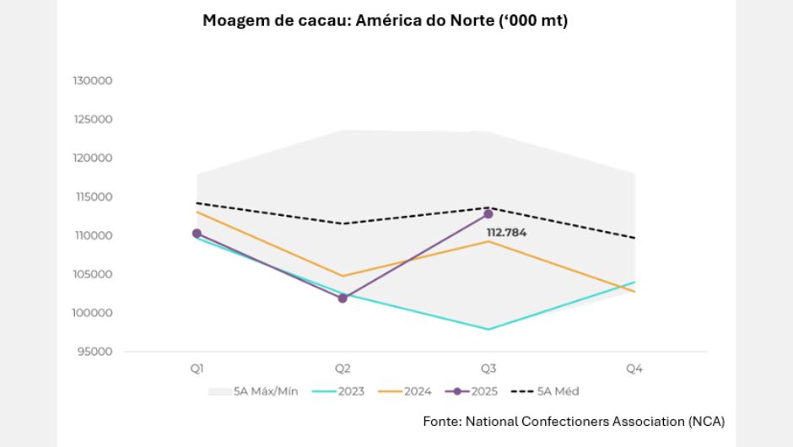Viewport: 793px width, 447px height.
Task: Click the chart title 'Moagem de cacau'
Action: pyautogui.click(x=385, y=21)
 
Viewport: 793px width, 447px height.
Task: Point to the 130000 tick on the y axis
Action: pyautogui.click(x=94, y=81)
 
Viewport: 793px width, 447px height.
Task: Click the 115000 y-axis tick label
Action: pyautogui.click(x=94, y=197)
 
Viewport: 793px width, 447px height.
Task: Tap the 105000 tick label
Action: pyautogui.click(x=94, y=274)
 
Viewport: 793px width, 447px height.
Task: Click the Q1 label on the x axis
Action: pyautogui.click(x=197, y=369)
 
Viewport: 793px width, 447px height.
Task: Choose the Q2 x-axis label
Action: pyautogui.click(x=343, y=369)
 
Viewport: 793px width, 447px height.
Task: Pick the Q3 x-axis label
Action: pyautogui.click(x=488, y=369)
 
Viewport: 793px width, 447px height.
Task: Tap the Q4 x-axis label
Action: pyautogui.click(x=634, y=369)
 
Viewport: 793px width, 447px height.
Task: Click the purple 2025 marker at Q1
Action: pyautogui.click(x=197, y=234)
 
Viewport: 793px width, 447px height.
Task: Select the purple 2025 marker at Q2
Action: pyautogui.click(x=343, y=299)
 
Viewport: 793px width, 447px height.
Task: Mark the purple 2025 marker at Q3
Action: pyautogui.click(x=488, y=214)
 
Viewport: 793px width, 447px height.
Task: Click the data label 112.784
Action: pyautogui.click(x=506, y=233)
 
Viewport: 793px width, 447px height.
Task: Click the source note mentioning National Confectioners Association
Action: pyautogui.click(x=574, y=421)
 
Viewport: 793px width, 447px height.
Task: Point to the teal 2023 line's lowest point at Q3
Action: pyautogui.click(x=488, y=329)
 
